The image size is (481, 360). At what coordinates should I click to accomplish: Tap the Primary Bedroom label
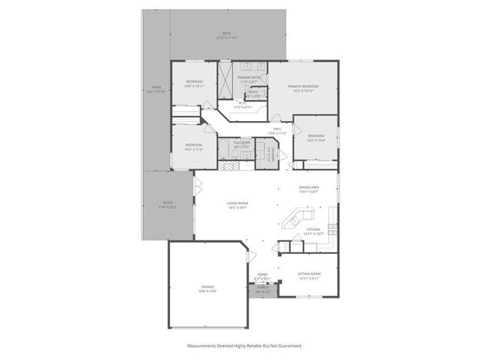click(x=303, y=88)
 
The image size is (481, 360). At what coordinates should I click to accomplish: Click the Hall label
click(x=277, y=131)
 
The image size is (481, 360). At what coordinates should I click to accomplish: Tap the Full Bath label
click(x=241, y=144)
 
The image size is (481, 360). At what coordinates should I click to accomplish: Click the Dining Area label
click(x=309, y=189)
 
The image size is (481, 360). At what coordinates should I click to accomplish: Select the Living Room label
click(x=237, y=204)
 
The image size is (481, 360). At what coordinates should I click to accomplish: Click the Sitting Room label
click(x=309, y=276)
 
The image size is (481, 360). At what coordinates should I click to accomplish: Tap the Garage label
click(x=207, y=289)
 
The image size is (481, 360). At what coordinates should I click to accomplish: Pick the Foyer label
click(x=262, y=276)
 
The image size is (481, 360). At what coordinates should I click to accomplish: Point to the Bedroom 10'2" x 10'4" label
click(x=316, y=138)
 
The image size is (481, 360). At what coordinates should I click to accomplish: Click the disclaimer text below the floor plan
click(x=244, y=346)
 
